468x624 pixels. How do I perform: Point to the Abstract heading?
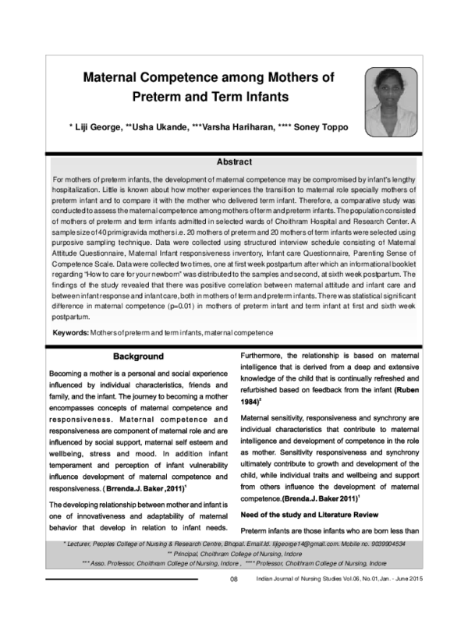tap(234, 162)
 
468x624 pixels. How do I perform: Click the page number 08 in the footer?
tap(233, 601)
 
